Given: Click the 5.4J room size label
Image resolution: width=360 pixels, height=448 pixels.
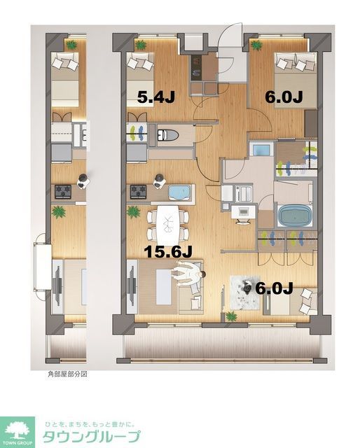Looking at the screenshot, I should click(155, 97).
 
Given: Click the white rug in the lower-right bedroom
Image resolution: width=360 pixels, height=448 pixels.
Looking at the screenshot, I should click(247, 292).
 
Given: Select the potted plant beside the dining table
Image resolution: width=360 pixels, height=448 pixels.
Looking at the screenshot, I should click(132, 212).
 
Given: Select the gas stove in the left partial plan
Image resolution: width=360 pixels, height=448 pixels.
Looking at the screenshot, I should click(63, 190).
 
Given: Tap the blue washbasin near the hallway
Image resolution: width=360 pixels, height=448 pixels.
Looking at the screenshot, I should click(261, 150).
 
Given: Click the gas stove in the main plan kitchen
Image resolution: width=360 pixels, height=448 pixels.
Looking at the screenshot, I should click(137, 190).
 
